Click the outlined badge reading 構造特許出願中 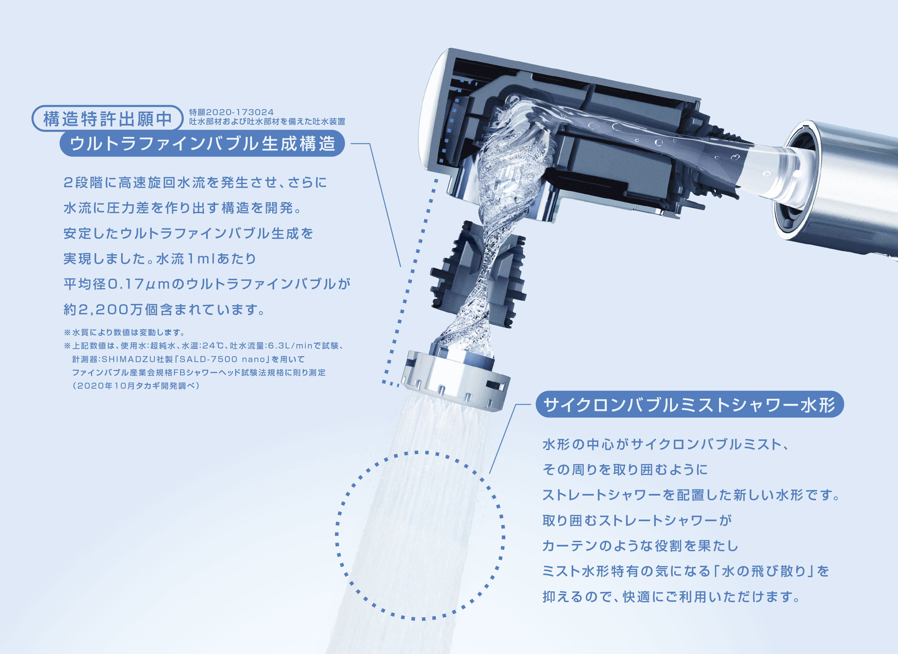point(107,119)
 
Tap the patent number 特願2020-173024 point(231,112)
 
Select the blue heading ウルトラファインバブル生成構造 point(202,143)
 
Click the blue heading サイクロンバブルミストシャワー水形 point(689,405)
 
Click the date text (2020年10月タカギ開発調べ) point(135,386)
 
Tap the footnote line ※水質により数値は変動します point(124,332)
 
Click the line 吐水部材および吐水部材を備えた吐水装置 point(267,122)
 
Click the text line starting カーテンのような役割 point(640,546)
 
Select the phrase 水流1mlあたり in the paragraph point(206,259)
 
